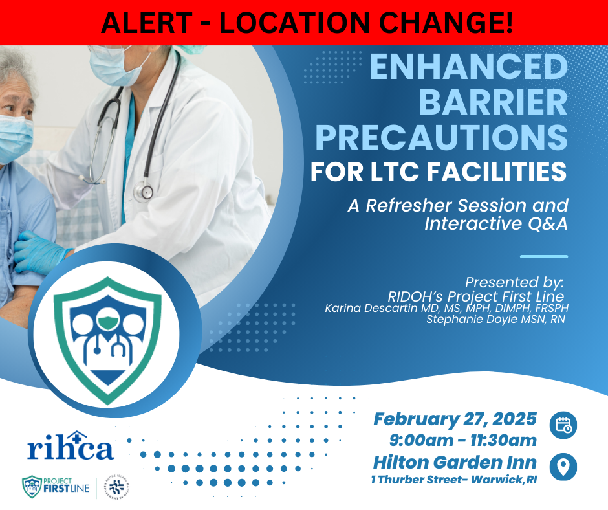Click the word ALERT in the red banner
[146, 23]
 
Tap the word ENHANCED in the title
[469, 67]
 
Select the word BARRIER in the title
[494, 102]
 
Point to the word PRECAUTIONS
[442, 138]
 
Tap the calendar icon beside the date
[563, 425]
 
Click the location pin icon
[563, 467]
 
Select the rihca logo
[71, 446]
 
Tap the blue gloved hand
[40, 252]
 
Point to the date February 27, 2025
[455, 419]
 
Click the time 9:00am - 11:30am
[463, 441]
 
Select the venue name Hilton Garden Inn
[455, 462]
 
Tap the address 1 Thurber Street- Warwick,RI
[454, 480]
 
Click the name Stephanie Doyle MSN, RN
[495, 320]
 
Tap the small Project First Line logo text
[66, 485]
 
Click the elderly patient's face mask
[15, 139]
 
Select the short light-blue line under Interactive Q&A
[543, 256]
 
